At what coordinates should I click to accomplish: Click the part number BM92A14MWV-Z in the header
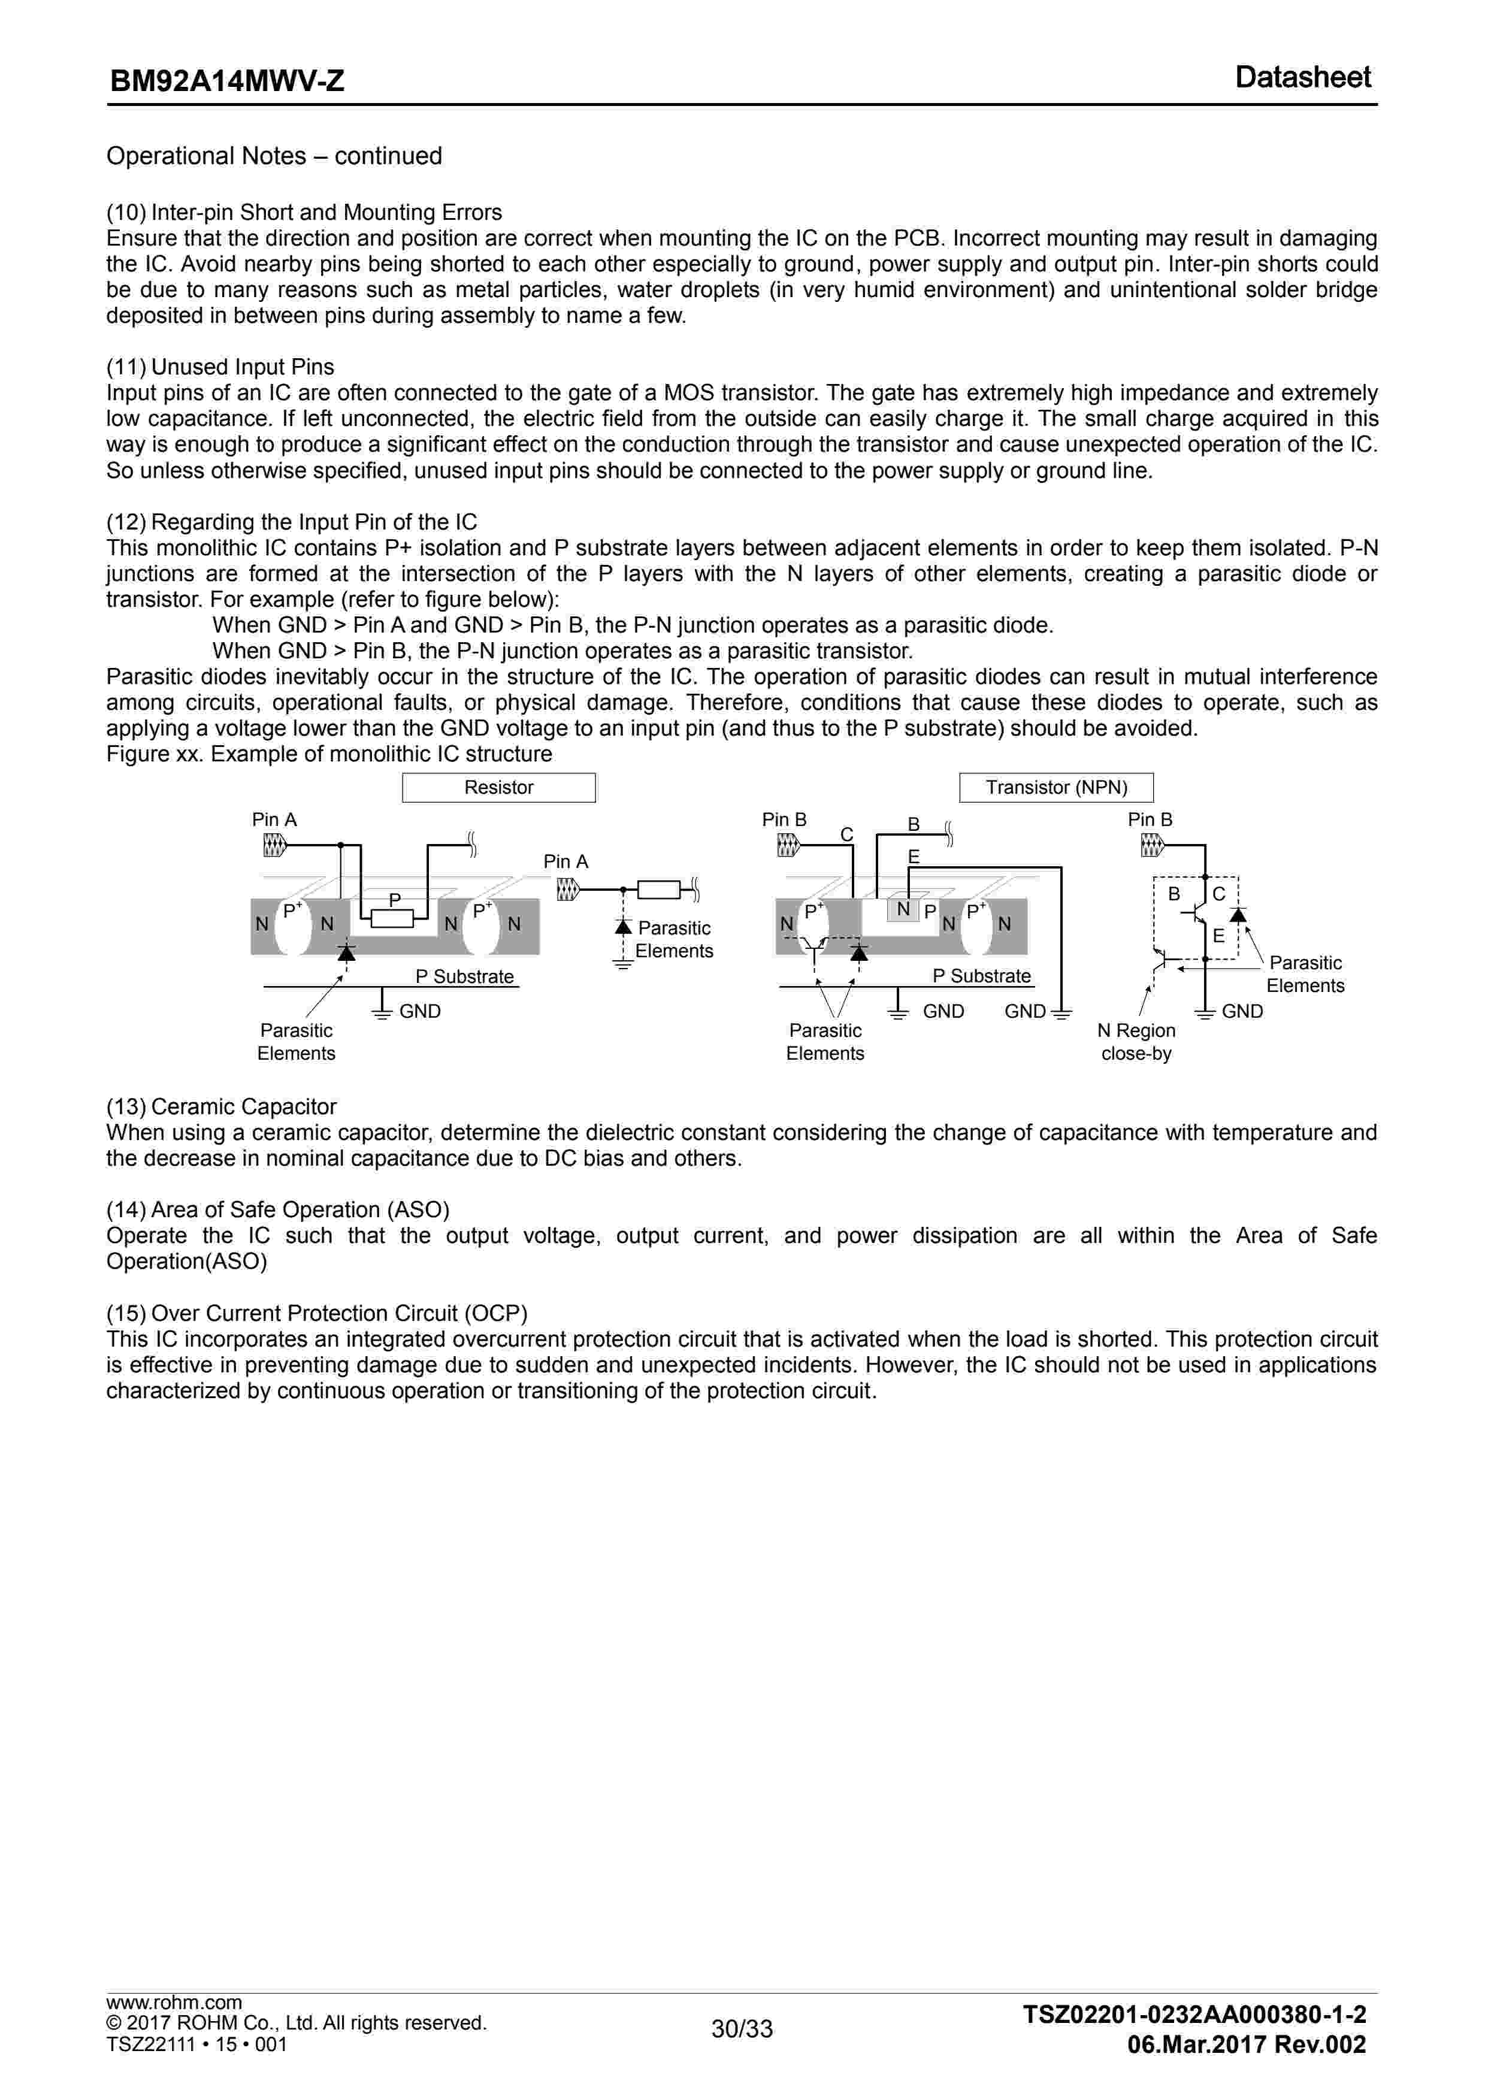(x=227, y=81)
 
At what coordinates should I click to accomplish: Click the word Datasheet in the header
(x=1302, y=78)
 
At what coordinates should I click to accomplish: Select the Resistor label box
(x=498, y=787)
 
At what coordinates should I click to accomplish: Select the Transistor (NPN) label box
(x=1056, y=787)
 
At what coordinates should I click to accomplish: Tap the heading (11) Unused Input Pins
(x=220, y=367)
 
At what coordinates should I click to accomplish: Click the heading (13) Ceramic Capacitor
(x=221, y=1106)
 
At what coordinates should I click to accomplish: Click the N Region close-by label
(x=1136, y=1041)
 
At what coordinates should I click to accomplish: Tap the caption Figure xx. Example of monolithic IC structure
(x=329, y=754)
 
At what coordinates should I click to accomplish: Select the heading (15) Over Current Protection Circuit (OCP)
(x=316, y=1313)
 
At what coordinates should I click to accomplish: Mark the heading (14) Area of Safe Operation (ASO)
(x=278, y=1209)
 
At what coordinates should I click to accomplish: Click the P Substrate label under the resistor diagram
(x=464, y=976)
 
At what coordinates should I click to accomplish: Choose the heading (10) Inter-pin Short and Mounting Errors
(x=304, y=212)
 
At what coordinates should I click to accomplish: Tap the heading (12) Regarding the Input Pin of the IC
(x=292, y=522)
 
